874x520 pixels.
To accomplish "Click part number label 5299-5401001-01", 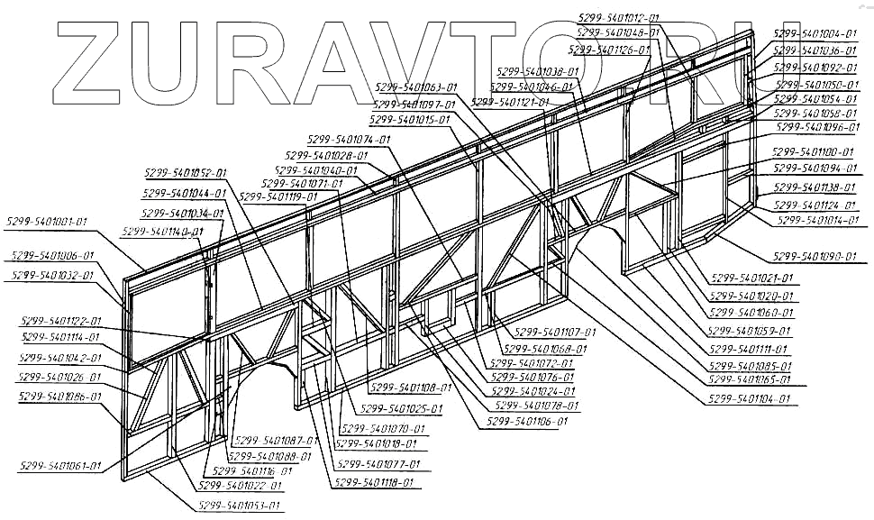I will (x=47, y=220).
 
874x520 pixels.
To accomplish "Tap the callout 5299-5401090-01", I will (x=814, y=257).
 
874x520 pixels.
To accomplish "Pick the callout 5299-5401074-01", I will (x=349, y=140).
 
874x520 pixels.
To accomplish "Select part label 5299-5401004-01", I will (x=815, y=33).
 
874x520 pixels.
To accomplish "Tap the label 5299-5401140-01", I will (x=162, y=232).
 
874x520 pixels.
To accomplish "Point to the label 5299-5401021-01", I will (x=751, y=278).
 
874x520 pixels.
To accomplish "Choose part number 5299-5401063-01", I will (x=415, y=87).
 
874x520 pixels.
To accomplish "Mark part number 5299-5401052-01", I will (x=185, y=172).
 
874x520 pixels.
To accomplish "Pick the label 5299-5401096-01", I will (x=816, y=128).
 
